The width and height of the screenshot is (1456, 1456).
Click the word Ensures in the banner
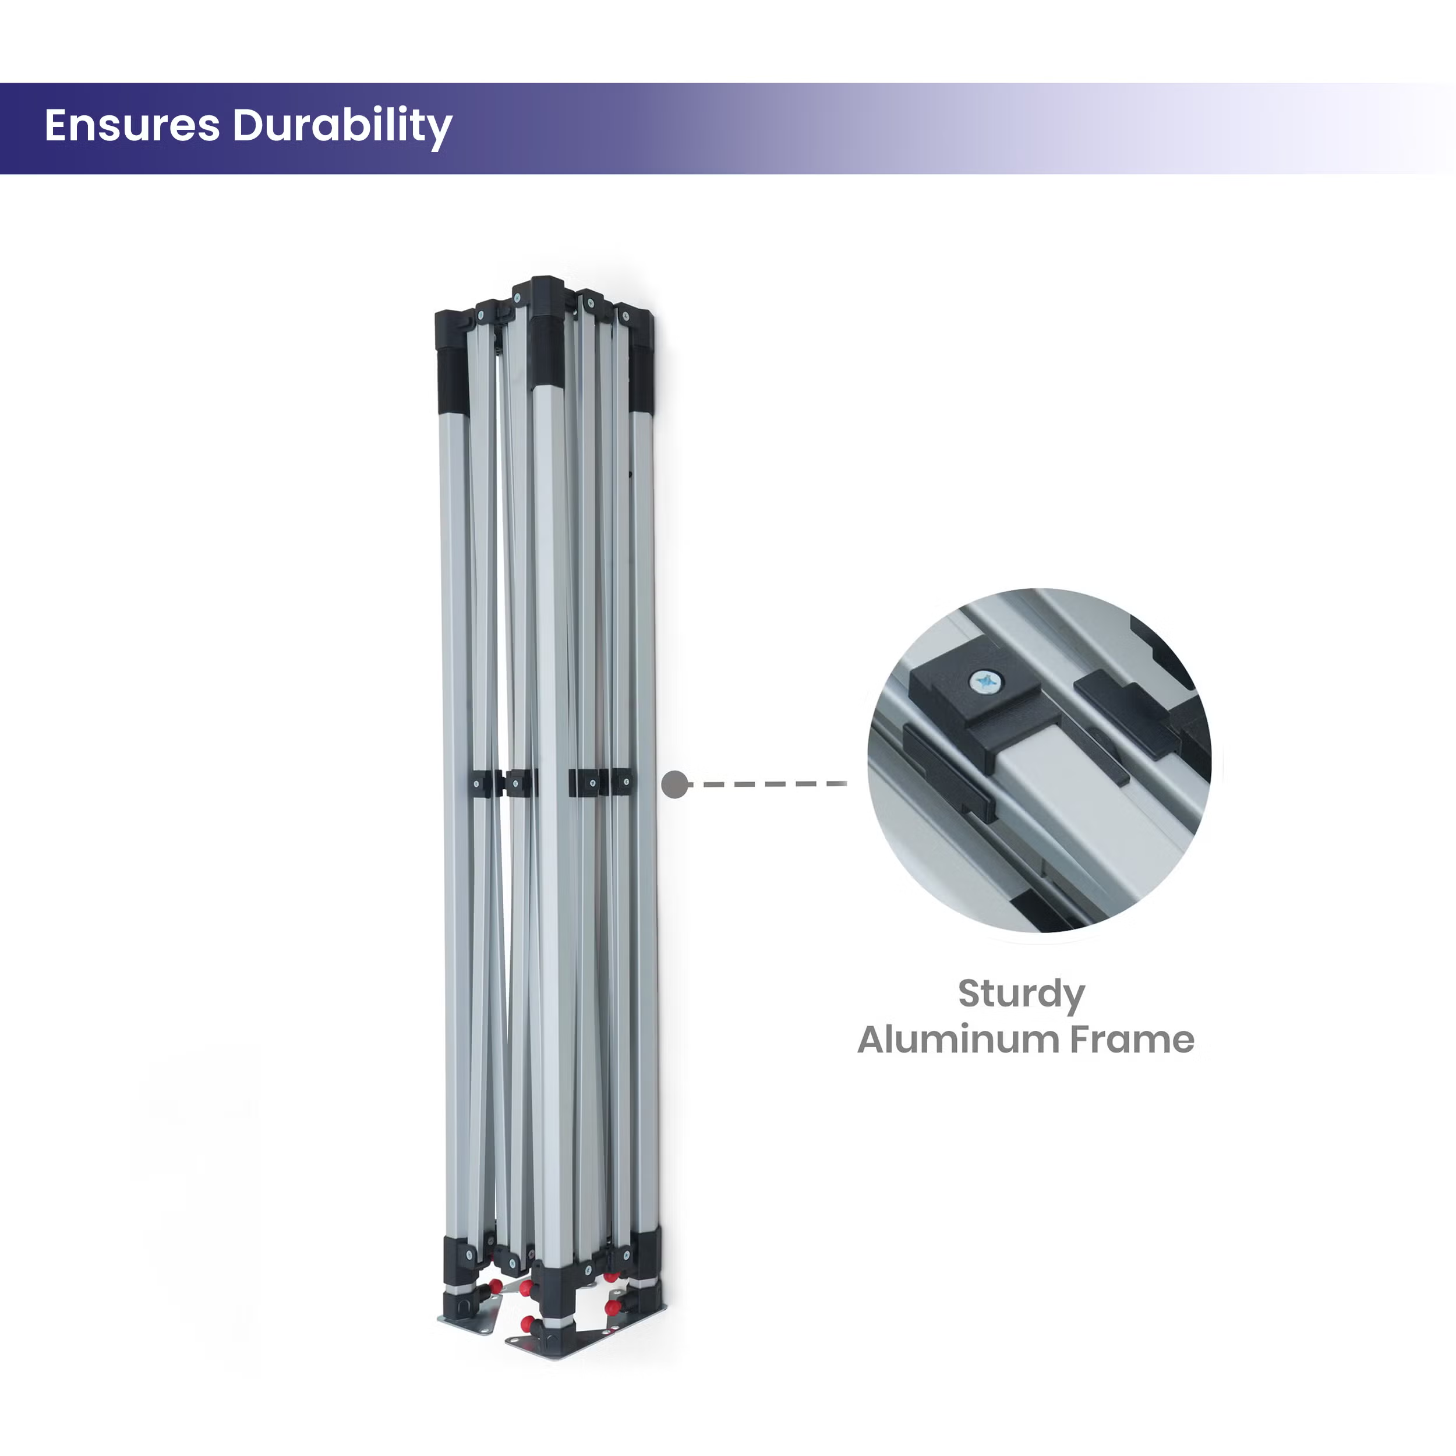[x=132, y=125]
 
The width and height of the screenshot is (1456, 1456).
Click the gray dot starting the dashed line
[x=674, y=784]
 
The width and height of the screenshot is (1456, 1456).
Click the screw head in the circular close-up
[x=987, y=683]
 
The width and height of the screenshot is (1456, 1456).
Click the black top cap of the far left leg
[x=451, y=362]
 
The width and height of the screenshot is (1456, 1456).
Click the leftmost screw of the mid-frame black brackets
[x=478, y=784]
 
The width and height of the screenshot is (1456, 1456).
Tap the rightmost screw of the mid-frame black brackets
[x=625, y=784]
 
